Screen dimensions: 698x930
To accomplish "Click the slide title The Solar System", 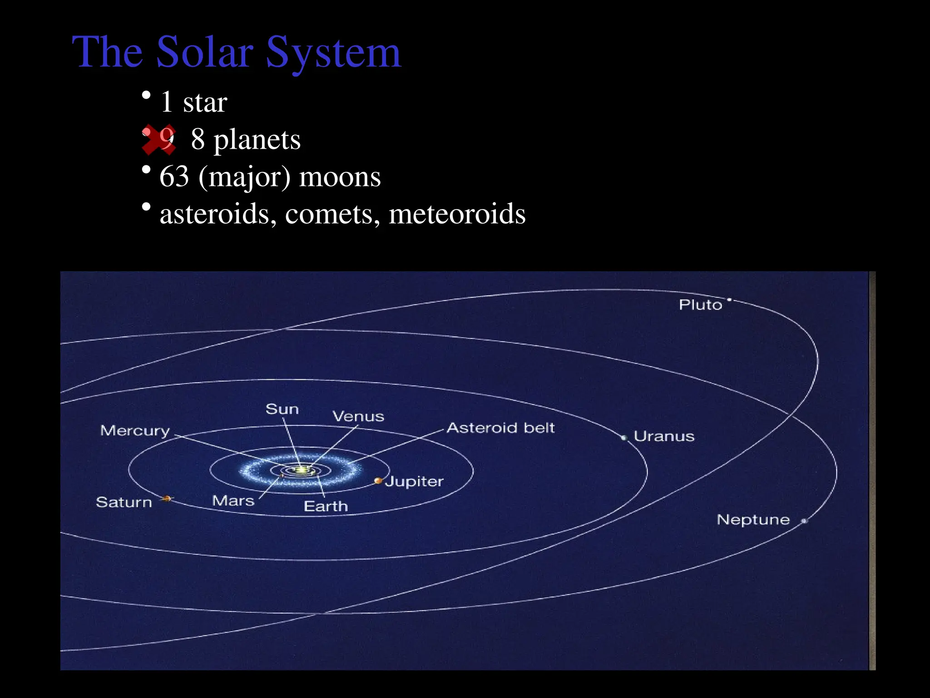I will (x=236, y=52).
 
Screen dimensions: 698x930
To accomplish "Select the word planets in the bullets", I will (x=257, y=140).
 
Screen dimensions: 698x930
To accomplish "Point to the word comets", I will (x=332, y=214).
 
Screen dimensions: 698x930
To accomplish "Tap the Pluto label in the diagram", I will (x=700, y=304).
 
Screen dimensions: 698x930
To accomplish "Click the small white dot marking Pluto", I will (x=729, y=299).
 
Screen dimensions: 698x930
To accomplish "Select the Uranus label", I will (x=664, y=436).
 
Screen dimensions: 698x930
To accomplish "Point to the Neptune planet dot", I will (x=804, y=521).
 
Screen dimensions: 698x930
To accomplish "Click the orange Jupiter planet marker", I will (x=378, y=480).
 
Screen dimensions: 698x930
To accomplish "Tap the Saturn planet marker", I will (x=167, y=499).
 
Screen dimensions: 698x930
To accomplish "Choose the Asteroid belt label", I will (x=500, y=428).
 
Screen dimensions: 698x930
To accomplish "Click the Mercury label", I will (x=135, y=430).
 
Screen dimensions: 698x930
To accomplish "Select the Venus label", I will (x=358, y=416).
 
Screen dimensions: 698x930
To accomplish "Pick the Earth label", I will (x=326, y=506).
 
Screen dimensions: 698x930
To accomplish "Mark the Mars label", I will (x=233, y=501).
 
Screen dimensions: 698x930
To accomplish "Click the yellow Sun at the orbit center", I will (x=301, y=470).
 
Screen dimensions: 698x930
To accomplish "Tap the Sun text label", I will (x=282, y=409).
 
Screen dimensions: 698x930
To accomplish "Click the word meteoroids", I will (x=457, y=214).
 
